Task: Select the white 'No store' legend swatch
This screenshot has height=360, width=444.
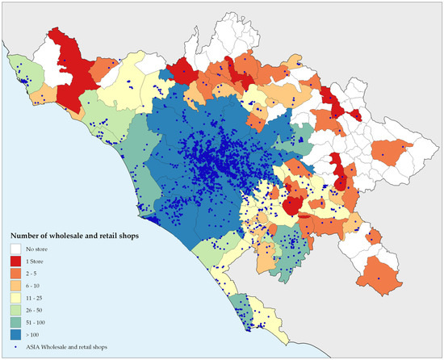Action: point(16,249)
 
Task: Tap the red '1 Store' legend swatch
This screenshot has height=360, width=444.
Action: point(16,263)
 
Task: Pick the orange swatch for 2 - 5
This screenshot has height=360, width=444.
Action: point(16,277)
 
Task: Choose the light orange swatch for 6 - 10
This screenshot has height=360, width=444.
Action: point(16,291)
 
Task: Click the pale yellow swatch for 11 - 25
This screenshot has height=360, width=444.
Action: point(16,304)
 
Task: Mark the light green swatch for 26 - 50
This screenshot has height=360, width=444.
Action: point(16,318)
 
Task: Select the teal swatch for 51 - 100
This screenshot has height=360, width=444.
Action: point(16,332)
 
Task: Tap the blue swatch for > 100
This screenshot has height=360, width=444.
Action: point(16,345)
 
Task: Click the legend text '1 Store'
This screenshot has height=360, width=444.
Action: point(36,263)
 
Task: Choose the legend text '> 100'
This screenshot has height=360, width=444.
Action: point(35,345)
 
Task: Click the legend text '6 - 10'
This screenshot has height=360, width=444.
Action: point(35,291)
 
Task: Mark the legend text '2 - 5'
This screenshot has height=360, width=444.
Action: point(34,277)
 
